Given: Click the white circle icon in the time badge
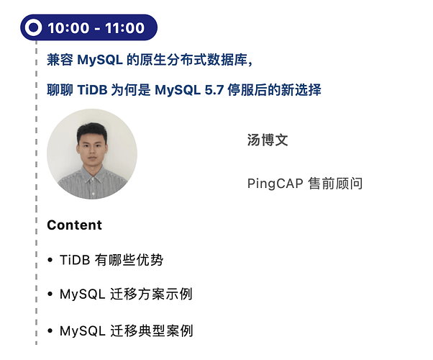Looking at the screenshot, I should tap(34, 28).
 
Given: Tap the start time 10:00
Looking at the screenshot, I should tap(68, 28).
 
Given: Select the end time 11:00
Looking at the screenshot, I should tap(124, 28).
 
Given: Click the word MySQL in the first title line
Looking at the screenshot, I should tap(100, 59).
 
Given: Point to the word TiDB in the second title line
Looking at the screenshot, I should tap(91, 90).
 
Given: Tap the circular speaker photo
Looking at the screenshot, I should tap(91, 154).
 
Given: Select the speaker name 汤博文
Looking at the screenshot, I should tap(268, 140).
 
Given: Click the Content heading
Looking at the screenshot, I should tap(74, 225).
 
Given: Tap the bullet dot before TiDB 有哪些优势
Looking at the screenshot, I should tap(50, 261).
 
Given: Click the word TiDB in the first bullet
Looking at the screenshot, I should tap(75, 260).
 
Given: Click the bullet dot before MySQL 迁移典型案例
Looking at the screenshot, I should tap(50, 332).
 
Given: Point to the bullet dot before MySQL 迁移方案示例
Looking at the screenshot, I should tap(50, 295).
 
